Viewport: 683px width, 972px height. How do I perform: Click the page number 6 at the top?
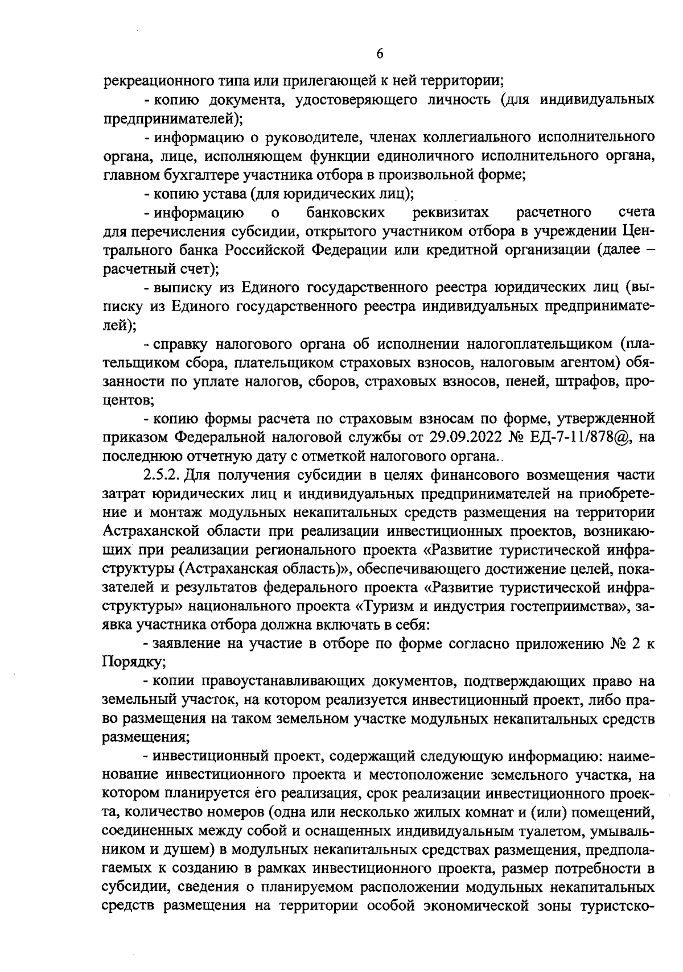click(x=380, y=53)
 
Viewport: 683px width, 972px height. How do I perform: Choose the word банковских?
click(x=345, y=213)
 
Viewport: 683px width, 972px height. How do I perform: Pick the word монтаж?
click(x=178, y=512)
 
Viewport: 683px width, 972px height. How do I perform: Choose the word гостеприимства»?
click(x=563, y=606)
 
